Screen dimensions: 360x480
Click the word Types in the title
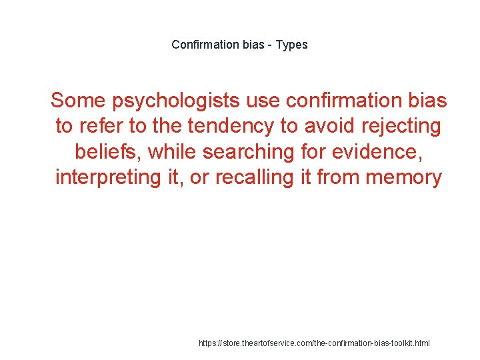(291, 45)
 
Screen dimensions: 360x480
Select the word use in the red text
(263, 101)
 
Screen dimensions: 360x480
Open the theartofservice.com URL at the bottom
(315, 343)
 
